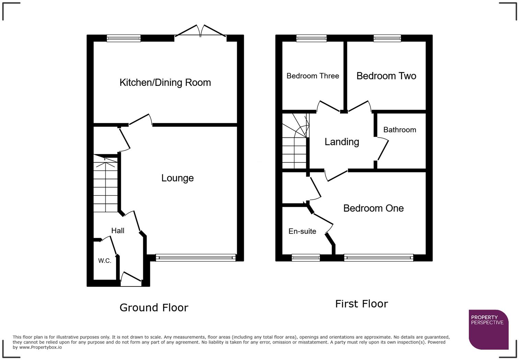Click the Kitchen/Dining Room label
coord(165,82)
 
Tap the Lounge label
coord(177,178)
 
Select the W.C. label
coord(105,261)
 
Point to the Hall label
coord(118,230)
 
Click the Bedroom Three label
coord(313,76)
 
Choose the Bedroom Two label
coord(386,76)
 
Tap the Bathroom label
coord(400,130)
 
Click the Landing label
coord(342,142)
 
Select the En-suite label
coord(302,231)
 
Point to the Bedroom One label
coord(373,208)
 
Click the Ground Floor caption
coord(154,307)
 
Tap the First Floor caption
coord(361,304)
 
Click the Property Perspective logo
coord(488,329)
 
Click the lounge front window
coord(196,258)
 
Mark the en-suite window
coord(305,258)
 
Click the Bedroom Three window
coord(311,38)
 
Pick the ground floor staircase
coord(106,185)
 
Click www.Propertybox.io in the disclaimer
coord(41,347)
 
